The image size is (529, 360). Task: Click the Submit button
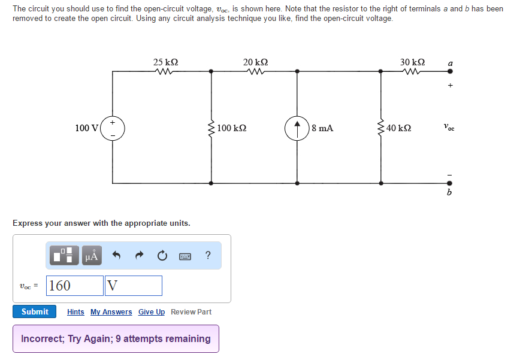[35, 311]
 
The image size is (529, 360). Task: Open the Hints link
[75, 312]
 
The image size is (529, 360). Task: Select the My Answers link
[111, 312]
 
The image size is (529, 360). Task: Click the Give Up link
[152, 312]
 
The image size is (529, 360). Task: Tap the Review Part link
[191, 312]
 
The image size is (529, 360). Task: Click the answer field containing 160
[75, 286]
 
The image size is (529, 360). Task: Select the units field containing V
[134, 286]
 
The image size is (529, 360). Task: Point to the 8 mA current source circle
[297, 128]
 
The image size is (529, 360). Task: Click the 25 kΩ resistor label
[165, 62]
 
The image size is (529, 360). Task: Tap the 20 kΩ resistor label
[255, 62]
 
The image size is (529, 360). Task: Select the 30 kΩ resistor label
[413, 62]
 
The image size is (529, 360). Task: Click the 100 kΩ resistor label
[232, 128]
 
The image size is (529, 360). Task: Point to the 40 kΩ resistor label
[399, 128]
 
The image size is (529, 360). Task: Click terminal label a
[450, 62]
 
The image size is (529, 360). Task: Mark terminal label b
[450, 192]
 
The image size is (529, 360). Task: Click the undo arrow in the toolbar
[117, 256]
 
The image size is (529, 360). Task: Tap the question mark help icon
[207, 256]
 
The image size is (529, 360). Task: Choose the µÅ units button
[92, 256]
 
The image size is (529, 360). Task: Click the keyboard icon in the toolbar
[185, 256]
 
